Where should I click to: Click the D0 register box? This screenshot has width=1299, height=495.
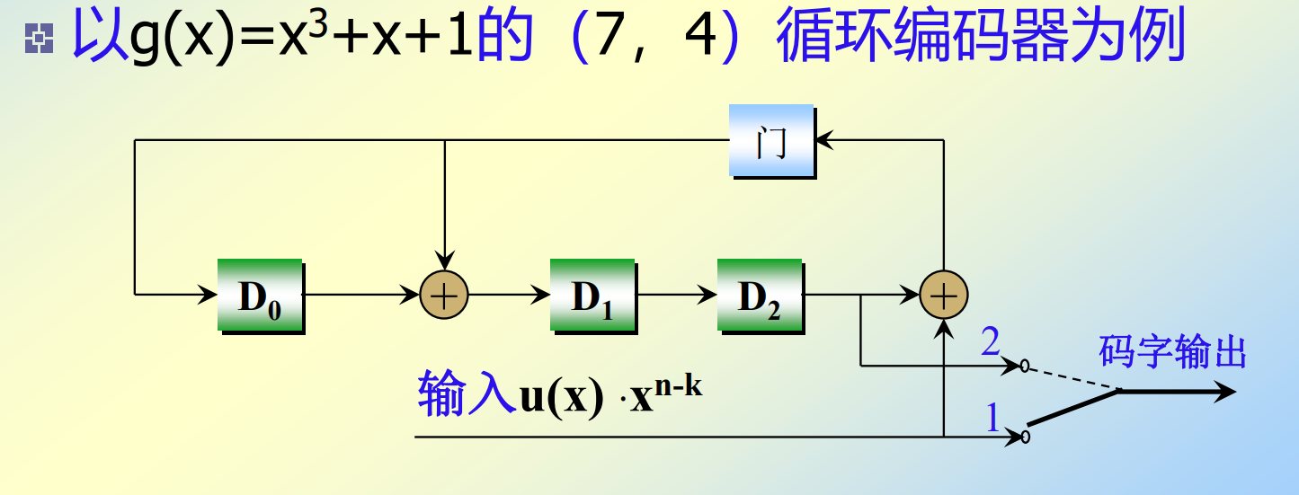click(x=260, y=296)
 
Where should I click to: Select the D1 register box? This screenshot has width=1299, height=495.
click(x=592, y=296)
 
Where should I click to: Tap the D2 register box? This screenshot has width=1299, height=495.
click(x=759, y=296)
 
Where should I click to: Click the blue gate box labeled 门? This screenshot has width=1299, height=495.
click(x=770, y=141)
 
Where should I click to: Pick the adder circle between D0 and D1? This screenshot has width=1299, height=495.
click(x=445, y=295)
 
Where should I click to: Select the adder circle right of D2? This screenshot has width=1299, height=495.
click(x=944, y=295)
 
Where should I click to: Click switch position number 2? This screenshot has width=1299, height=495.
click(x=990, y=342)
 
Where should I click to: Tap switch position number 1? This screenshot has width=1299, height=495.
click(x=992, y=417)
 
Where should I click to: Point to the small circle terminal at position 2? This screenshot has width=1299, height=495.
click(x=1025, y=366)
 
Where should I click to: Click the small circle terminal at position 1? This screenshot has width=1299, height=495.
click(x=1025, y=438)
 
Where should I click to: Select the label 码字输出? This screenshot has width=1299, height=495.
click(x=1172, y=353)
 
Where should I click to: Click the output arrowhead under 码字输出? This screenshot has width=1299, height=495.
click(x=1224, y=393)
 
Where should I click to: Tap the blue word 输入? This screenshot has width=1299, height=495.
click(x=466, y=396)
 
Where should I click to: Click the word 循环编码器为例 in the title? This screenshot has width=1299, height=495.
click(x=980, y=38)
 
